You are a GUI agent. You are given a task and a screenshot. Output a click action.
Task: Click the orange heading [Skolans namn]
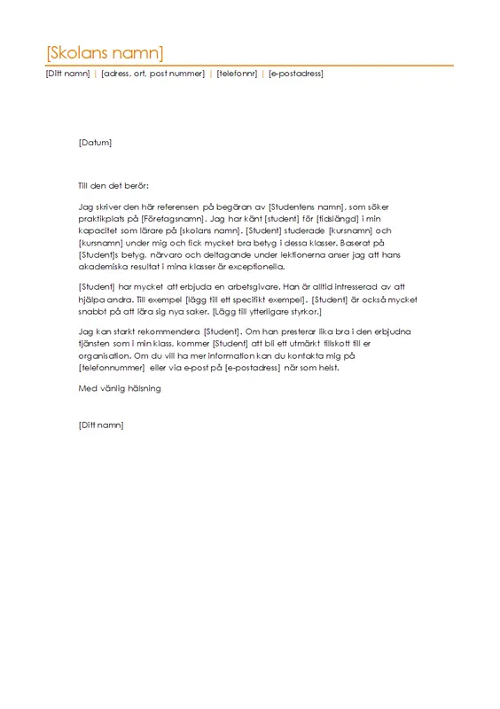pyautogui.click(x=105, y=51)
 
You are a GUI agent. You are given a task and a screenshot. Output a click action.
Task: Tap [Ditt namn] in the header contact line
pyautogui.click(x=67, y=74)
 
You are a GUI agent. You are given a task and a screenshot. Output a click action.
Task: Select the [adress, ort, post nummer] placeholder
pyautogui.click(x=152, y=74)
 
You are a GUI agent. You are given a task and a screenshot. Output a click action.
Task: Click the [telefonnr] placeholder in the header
pyautogui.click(x=237, y=74)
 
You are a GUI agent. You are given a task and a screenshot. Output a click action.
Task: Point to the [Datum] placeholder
pyautogui.click(x=95, y=142)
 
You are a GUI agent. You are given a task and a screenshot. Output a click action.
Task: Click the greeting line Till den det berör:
pyautogui.click(x=114, y=186)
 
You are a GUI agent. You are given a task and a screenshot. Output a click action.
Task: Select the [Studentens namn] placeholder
pyautogui.click(x=305, y=206)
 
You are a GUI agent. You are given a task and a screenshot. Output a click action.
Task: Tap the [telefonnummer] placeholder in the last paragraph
pyautogui.click(x=112, y=367)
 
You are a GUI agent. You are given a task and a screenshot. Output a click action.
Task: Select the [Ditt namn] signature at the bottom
pyautogui.click(x=101, y=425)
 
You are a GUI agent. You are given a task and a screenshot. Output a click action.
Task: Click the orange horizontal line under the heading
pyautogui.click(x=249, y=65)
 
